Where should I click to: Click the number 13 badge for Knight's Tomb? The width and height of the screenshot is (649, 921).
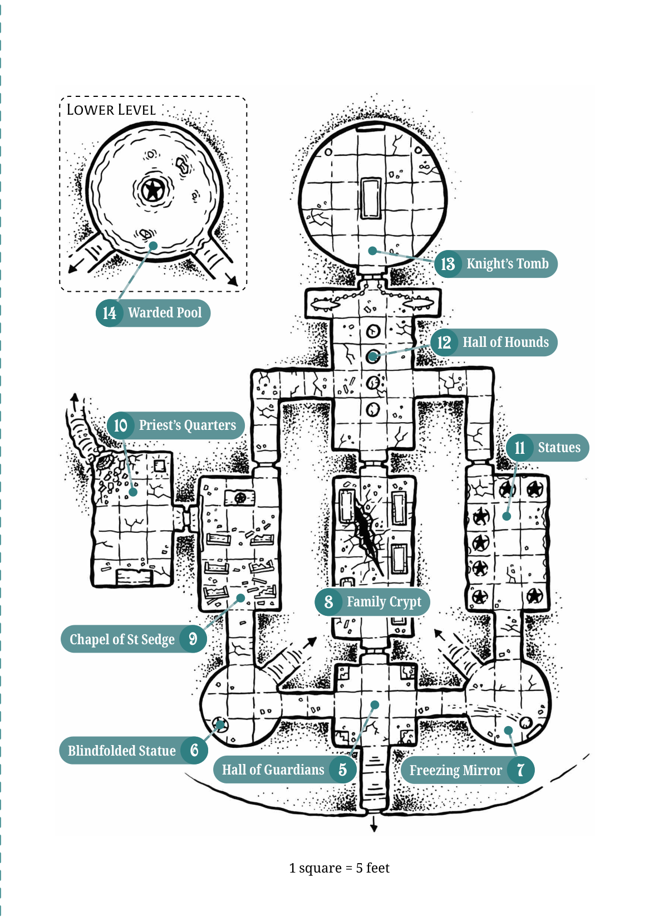448,264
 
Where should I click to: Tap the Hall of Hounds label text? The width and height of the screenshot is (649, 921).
505,342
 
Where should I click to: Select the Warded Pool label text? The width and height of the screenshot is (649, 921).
165,312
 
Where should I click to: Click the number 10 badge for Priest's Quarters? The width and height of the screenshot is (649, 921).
120,425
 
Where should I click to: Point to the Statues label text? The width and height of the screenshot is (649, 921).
559,447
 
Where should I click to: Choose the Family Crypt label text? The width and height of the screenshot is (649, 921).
384,602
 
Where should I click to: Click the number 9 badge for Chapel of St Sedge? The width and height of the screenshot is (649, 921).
193,639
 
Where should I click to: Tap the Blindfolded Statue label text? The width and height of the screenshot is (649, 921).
122,751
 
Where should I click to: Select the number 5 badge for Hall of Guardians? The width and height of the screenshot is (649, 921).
342,770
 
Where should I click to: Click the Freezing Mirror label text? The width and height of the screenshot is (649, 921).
455,770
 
